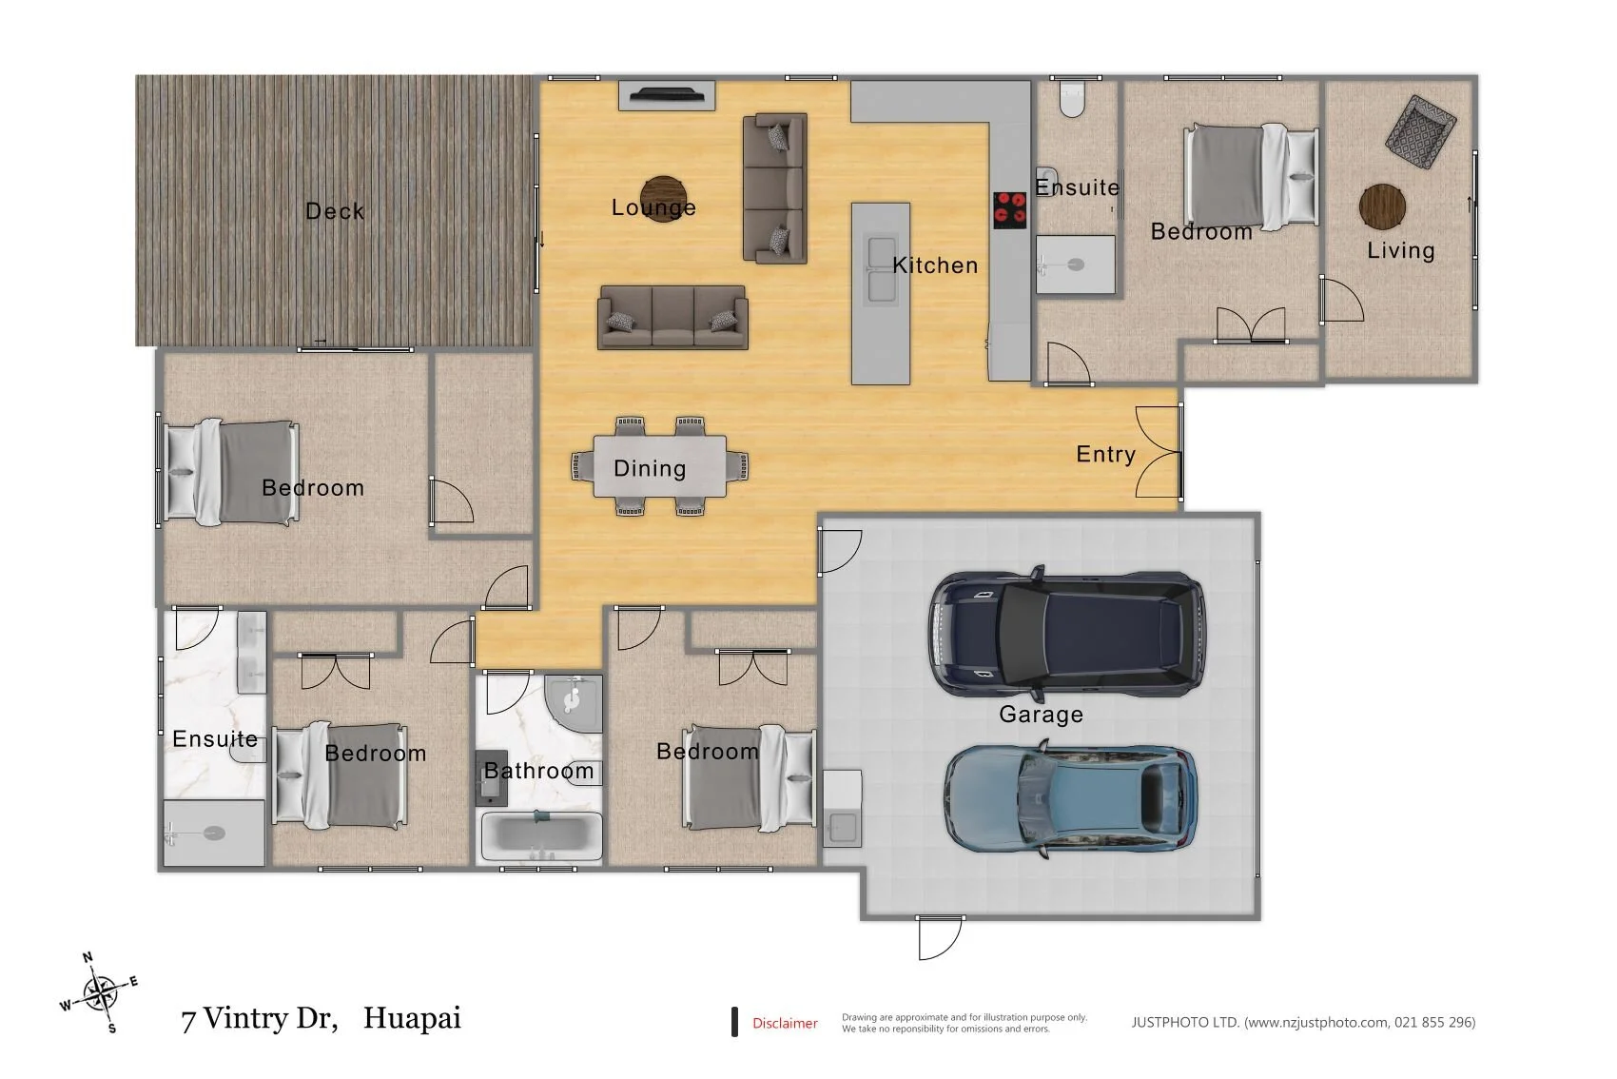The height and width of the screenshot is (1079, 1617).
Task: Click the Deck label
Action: (334, 211)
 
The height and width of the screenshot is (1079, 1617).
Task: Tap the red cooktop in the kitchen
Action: (1009, 210)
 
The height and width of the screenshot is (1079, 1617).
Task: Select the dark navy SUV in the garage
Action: (1067, 634)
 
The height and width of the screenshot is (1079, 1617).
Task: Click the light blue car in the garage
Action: (1071, 798)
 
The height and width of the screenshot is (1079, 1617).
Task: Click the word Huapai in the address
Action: (412, 1018)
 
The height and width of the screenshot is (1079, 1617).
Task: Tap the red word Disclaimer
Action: (785, 1023)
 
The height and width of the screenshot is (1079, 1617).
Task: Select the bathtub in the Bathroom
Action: (541, 837)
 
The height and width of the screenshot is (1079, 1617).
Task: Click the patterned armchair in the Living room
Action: (1420, 133)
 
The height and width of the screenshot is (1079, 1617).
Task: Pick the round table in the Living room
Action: (1382, 206)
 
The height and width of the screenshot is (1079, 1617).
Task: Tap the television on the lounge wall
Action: (666, 94)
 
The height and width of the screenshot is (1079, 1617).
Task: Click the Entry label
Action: (1106, 454)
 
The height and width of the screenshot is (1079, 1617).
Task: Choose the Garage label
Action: (1041, 715)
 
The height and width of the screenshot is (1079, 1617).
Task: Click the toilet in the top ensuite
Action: (1073, 100)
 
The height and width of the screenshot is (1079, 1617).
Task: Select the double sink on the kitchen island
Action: (882, 269)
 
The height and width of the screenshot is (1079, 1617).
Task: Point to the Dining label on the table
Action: (650, 469)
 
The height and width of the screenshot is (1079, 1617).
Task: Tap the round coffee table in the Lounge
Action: (663, 199)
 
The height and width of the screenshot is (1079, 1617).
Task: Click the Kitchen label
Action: (935, 265)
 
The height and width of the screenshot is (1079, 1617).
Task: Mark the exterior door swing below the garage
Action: (939, 939)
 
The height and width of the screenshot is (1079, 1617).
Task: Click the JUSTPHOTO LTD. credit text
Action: (1303, 1023)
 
